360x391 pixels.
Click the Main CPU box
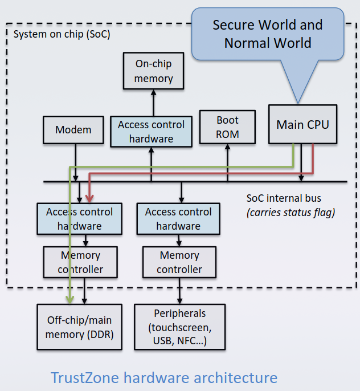pos(302,124)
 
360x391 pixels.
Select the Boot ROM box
pos(227,127)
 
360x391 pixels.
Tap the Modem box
pos(73,129)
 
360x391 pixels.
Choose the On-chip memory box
pos(154,71)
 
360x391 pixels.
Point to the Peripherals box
pos(179,327)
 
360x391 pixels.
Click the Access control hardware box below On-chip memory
pos(152,131)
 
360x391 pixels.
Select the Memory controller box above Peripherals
pos(179,262)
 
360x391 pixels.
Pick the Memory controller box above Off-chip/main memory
pos(80,262)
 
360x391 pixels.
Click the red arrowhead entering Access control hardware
pos(89,198)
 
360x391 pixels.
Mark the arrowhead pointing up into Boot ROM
pos(227,148)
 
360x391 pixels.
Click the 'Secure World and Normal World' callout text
pos(268,34)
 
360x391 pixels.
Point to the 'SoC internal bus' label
pos(284,198)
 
